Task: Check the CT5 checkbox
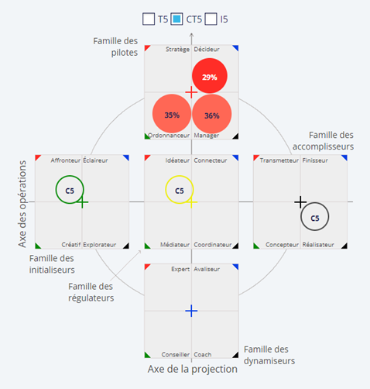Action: point(176,19)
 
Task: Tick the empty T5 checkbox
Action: point(149,19)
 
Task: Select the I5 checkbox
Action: point(211,19)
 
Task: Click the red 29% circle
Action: point(210,76)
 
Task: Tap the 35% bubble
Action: point(172,114)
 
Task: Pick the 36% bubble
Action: point(212,114)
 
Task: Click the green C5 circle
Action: point(56,190)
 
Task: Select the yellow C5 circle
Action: point(166,190)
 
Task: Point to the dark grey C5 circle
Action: point(301,217)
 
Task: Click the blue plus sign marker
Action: point(191,311)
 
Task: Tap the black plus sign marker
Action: point(300,202)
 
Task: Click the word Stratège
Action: point(177,49)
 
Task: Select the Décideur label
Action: point(207,49)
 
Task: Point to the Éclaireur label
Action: point(95,160)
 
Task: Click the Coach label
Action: point(203,355)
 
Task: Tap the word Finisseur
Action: point(315,160)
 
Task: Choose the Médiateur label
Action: point(175,245)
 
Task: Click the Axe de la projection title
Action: point(193,369)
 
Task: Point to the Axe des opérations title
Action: point(22,204)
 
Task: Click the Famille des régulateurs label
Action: point(91,292)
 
